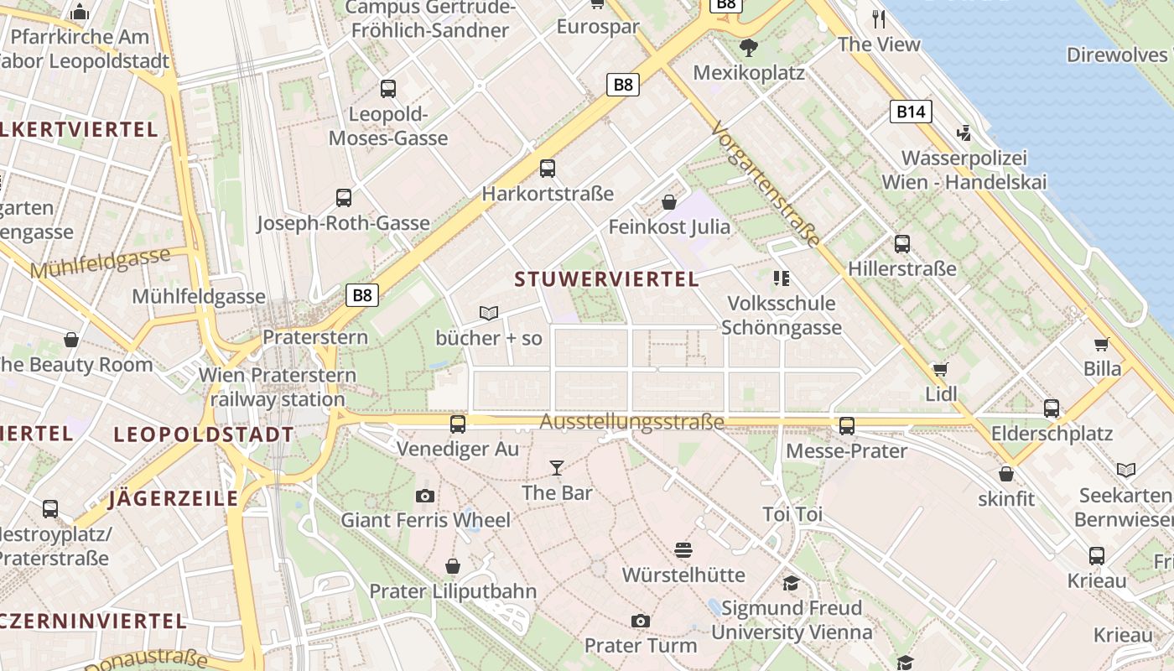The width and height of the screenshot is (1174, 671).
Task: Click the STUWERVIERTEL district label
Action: tap(606, 279)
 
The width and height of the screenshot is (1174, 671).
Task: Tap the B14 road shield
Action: tap(911, 112)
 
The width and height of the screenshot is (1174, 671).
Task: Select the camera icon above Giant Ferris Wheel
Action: tap(425, 496)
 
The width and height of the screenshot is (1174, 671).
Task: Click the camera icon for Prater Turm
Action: tap(641, 621)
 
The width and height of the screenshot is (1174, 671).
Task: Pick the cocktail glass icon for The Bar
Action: tap(556, 467)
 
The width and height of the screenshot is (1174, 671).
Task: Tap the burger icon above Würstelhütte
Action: tap(683, 550)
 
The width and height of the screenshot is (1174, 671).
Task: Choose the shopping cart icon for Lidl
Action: tap(941, 369)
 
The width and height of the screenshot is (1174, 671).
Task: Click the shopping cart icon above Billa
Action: tap(1101, 344)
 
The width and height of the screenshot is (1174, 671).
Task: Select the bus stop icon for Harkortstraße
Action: tap(548, 169)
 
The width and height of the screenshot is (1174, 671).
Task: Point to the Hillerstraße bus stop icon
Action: tap(902, 244)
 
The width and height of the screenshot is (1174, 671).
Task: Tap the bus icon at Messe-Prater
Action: tap(847, 426)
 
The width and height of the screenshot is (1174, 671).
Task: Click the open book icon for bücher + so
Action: tap(489, 313)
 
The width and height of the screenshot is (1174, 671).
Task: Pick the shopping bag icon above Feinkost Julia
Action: tap(669, 202)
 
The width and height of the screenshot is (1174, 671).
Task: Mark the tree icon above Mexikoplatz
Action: tap(748, 47)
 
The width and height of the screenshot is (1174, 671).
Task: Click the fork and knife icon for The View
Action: tap(879, 18)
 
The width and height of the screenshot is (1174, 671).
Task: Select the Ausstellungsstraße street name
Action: tap(631, 422)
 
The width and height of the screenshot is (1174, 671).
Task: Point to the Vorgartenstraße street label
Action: tap(765, 184)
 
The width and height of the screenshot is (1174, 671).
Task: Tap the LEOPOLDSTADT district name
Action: tap(204, 434)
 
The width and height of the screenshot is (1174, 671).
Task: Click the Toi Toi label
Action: tap(792, 514)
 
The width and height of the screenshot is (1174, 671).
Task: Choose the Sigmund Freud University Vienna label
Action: tap(792, 620)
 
